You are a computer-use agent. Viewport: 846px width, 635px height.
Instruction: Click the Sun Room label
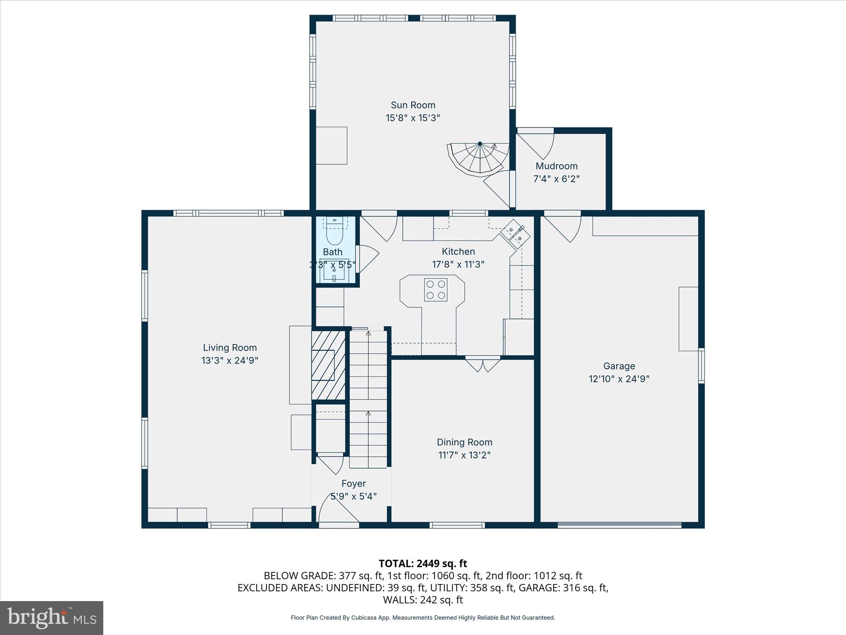pyautogui.click(x=413, y=105)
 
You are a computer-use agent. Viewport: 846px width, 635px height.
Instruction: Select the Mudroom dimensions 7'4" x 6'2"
pyautogui.click(x=556, y=179)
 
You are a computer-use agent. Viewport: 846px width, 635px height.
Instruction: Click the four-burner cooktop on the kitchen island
pyautogui.click(x=436, y=289)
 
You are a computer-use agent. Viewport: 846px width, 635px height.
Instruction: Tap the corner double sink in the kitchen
pyautogui.click(x=516, y=234)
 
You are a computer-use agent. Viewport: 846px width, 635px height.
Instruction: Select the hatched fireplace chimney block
pyautogui.click(x=328, y=365)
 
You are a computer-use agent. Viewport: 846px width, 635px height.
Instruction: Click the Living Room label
pyautogui.click(x=230, y=348)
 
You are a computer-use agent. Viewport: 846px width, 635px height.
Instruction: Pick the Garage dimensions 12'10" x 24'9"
pyautogui.click(x=619, y=379)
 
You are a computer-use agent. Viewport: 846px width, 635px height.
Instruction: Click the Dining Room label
pyautogui.click(x=464, y=442)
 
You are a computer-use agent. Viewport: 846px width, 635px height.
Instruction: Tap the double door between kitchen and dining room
pyautogui.click(x=482, y=365)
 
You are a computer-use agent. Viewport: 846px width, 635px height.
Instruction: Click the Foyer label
pyautogui.click(x=354, y=483)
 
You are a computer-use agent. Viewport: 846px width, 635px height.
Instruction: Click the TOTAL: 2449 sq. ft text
pyautogui.click(x=423, y=563)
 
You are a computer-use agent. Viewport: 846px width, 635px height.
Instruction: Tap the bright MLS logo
pyautogui.click(x=52, y=618)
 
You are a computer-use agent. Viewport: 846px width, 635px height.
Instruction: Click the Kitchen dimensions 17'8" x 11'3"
pyautogui.click(x=458, y=264)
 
